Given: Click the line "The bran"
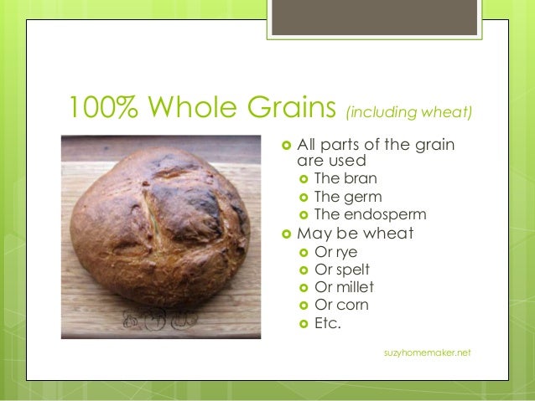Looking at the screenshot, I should pyautogui.click(x=345, y=178).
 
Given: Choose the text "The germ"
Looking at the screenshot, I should pyautogui.click(x=347, y=198).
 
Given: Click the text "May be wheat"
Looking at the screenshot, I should pyautogui.click(x=355, y=234).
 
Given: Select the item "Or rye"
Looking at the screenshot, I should pyautogui.click(x=335, y=252).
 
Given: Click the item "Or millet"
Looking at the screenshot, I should pyautogui.click(x=343, y=287).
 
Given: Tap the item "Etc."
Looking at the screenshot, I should pyautogui.click(x=327, y=322).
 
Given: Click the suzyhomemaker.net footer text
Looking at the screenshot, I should pyautogui.click(x=427, y=353).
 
